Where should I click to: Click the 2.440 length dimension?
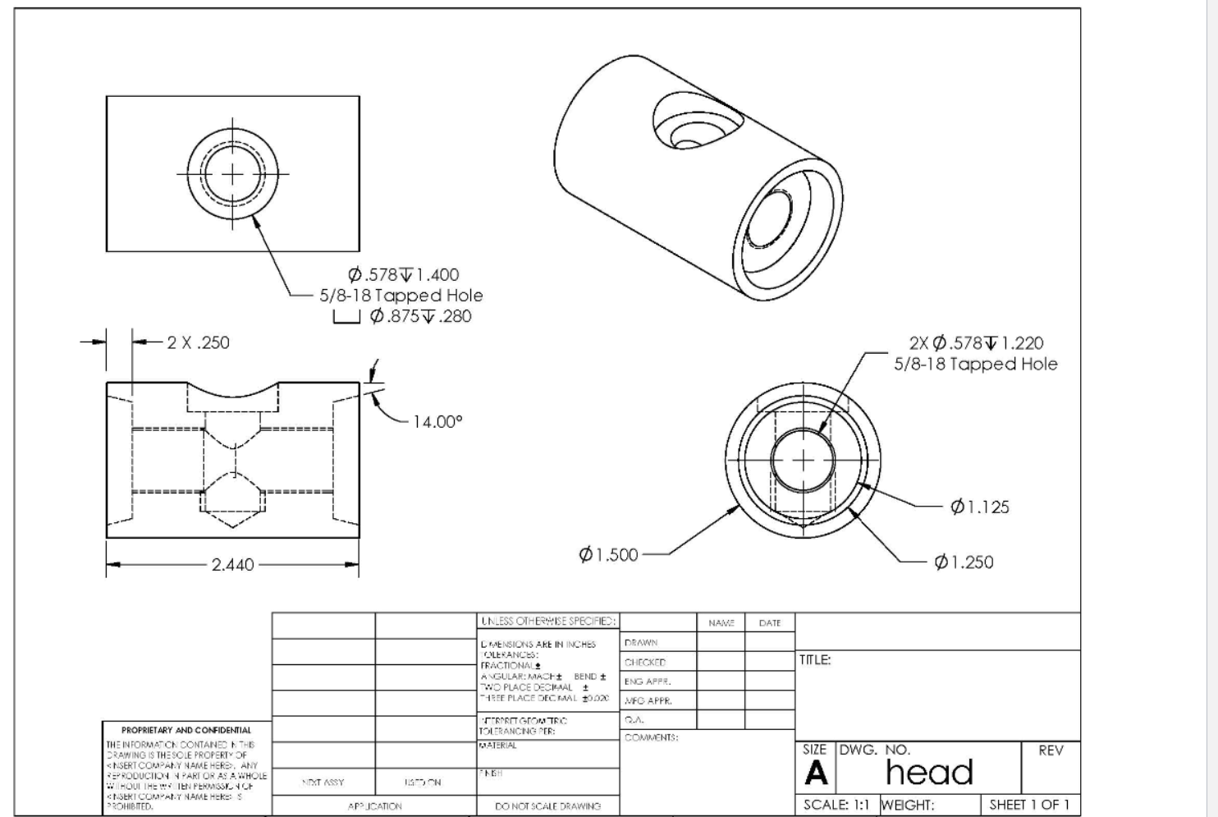click(232, 565)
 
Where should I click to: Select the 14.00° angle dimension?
click(437, 422)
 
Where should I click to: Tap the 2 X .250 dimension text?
click(198, 342)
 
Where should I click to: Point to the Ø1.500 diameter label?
click(608, 555)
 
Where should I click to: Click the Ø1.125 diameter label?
click(979, 507)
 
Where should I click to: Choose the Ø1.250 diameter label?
click(964, 562)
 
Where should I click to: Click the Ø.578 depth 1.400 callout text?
click(403, 275)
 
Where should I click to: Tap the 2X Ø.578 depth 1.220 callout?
click(976, 343)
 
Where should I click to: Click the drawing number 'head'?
click(929, 773)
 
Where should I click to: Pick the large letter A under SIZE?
click(816, 773)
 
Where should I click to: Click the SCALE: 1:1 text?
click(836, 806)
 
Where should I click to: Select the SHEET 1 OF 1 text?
click(1029, 805)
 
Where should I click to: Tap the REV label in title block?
click(1051, 750)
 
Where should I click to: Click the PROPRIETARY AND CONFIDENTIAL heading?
click(186, 730)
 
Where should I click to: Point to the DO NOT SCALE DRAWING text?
click(547, 806)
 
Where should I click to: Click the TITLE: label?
click(815, 659)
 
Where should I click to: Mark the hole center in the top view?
click(232, 174)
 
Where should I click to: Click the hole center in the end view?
click(803, 460)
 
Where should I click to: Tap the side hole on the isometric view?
click(698, 127)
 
